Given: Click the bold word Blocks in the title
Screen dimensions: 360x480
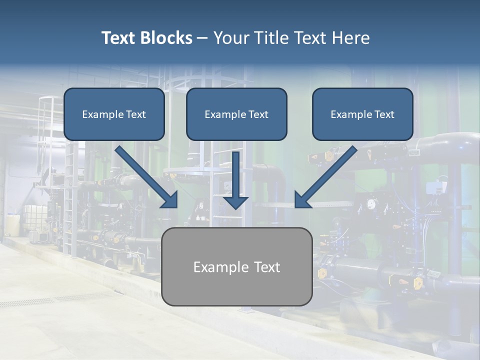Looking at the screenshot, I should pos(167,38).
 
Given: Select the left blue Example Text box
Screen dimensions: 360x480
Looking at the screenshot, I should pos(114,114).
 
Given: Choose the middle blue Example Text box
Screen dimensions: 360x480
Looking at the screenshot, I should pos(236,114).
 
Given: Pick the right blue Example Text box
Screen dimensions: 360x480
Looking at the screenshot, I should pos(362,114).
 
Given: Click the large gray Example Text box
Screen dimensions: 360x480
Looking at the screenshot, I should pos(237,266).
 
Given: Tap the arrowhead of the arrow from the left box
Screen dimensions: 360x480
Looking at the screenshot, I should pos(170,200).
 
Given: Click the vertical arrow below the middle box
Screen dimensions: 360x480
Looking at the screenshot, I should pos(235,180).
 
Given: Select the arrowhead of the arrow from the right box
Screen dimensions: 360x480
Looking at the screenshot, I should pos(302,200).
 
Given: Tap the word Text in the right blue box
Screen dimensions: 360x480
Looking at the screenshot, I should pos(384,114).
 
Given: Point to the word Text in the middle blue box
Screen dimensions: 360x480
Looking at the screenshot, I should pos(258,114).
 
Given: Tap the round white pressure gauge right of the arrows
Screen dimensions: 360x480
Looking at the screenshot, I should pos(371,204).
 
